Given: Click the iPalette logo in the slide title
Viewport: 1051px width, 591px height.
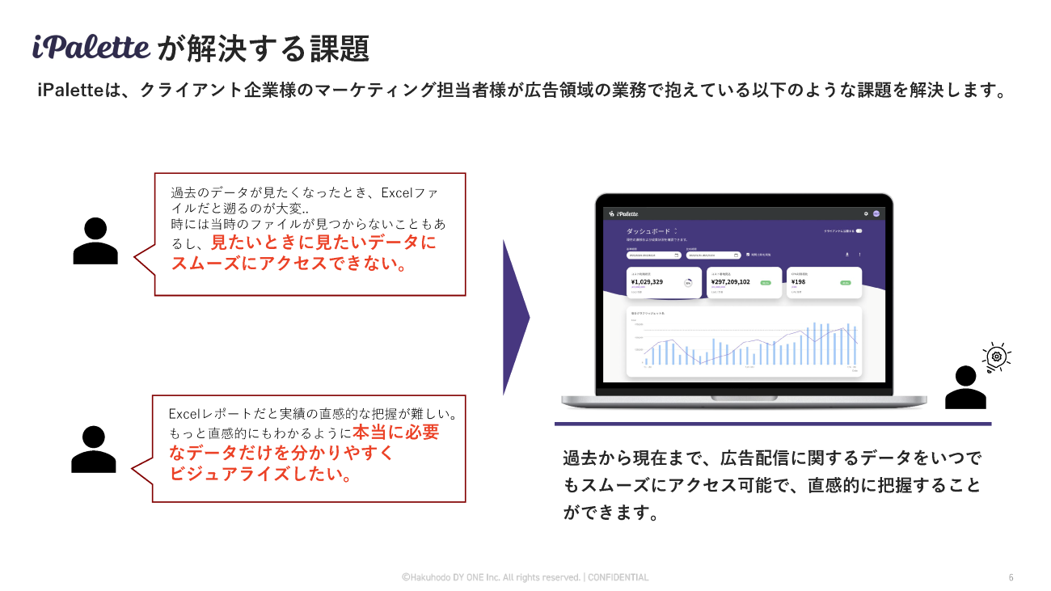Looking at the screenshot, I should pos(91,47).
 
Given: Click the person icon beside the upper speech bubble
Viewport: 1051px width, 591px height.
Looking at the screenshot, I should pos(95,241).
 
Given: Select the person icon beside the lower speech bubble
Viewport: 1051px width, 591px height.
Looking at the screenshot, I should pos(94,449).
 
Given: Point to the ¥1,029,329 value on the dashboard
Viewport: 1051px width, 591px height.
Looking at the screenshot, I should pos(648,282).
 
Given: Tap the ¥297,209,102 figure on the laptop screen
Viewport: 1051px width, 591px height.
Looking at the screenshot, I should pos(731,282).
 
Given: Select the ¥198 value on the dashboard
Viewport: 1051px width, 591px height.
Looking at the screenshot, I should pos(799,282).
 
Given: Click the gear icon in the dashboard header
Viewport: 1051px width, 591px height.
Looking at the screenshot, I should pos(866,213).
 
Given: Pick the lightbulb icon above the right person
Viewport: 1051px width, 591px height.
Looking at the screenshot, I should pos(997,357).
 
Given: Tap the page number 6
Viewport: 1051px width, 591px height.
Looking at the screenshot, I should pos(1011,577).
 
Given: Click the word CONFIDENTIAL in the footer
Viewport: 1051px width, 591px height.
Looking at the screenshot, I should pos(618,577).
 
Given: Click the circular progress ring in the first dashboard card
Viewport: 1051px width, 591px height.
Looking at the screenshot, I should pos(688,283).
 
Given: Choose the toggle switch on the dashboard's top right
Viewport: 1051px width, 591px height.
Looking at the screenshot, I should pos(859,231).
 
